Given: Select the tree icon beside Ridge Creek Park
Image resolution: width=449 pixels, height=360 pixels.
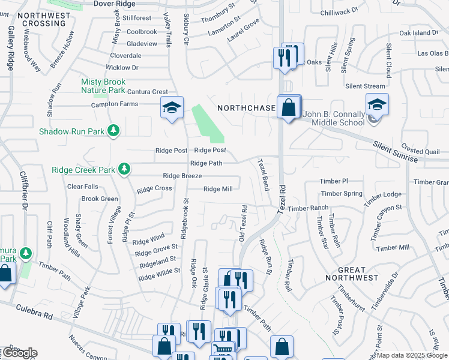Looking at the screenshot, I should coord(124,169).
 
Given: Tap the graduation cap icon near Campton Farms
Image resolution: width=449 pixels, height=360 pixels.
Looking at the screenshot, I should coord(172,108).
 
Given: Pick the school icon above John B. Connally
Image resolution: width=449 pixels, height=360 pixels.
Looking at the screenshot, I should coord(376,104).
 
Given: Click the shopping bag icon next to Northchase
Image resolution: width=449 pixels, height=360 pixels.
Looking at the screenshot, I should coord(289,108).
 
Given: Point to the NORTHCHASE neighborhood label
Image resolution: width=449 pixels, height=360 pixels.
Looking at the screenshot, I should coord(246,109).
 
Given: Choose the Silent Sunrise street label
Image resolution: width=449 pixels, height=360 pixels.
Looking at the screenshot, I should coord(394,152).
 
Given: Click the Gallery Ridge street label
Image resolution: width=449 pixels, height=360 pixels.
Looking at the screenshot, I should coord(10,48).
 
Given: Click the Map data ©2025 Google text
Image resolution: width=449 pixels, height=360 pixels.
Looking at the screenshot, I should coord(412,355).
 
